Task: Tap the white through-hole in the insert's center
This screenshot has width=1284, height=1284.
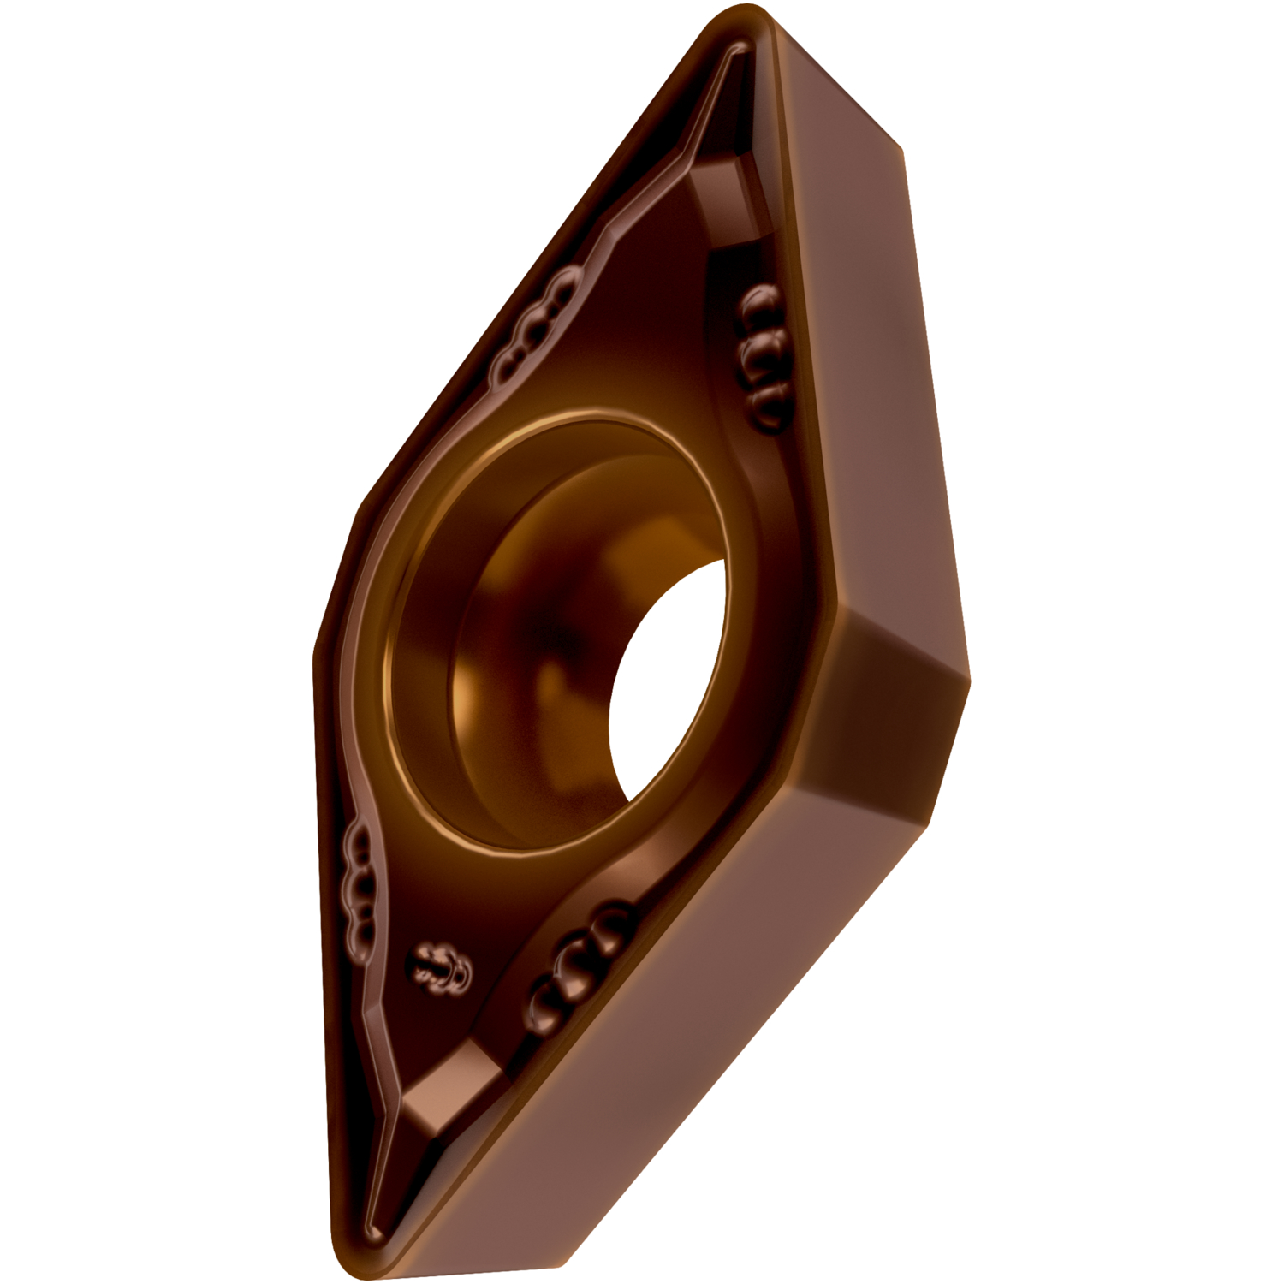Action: point(668,668)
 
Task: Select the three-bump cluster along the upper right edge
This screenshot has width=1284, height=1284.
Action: point(762,351)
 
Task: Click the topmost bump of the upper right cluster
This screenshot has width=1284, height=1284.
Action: point(758,304)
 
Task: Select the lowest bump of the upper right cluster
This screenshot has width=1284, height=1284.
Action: point(766,398)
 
